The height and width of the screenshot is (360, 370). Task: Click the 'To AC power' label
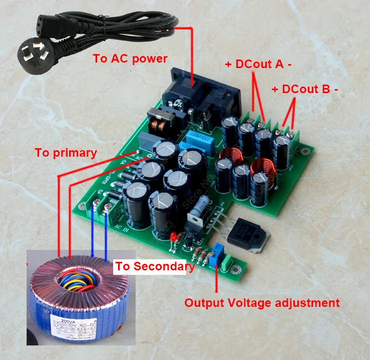coord(130,59)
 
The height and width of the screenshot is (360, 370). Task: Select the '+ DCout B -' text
coord(304,89)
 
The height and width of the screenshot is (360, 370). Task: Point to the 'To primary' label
coord(66,153)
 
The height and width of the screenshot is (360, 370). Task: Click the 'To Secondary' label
coord(155,266)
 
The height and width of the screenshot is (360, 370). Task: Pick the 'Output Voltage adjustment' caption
coord(262,302)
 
